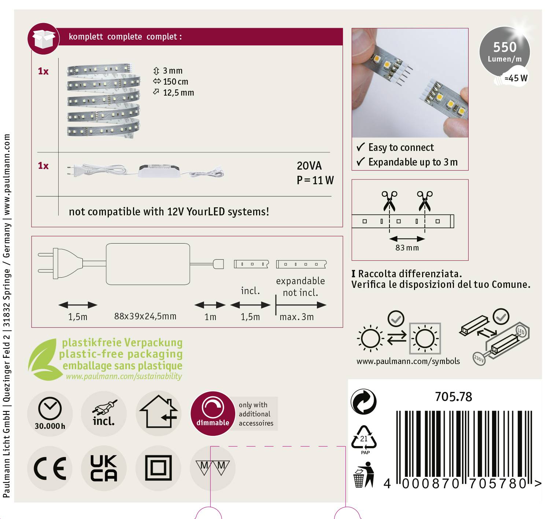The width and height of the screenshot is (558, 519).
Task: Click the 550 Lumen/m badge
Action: tap(505, 52)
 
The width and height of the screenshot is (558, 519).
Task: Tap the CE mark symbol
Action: tap(50, 468)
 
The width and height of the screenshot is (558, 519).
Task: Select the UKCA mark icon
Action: tap(104, 468)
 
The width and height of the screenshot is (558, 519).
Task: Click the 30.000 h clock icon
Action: tap(50, 413)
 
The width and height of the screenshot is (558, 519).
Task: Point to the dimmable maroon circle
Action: tap(213, 414)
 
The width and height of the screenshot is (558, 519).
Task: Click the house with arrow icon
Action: tap(158, 412)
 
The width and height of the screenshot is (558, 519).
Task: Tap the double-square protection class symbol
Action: tap(158, 468)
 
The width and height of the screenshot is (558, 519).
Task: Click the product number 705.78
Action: tap(453, 397)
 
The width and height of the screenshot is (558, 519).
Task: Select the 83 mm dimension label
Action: tap(407, 248)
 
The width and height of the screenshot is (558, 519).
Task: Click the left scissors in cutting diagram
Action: tap(389, 200)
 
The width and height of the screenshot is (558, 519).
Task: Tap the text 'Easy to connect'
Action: tap(401, 147)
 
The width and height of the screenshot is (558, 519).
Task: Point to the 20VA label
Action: tap(309, 166)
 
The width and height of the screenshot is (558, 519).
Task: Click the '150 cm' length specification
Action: tap(175, 82)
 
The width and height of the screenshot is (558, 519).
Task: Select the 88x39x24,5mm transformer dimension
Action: tap(145, 316)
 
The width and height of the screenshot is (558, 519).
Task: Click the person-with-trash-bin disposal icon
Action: tap(363, 475)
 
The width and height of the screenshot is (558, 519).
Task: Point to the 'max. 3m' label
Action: tap(296, 317)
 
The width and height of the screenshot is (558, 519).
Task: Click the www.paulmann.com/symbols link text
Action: tap(408, 361)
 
